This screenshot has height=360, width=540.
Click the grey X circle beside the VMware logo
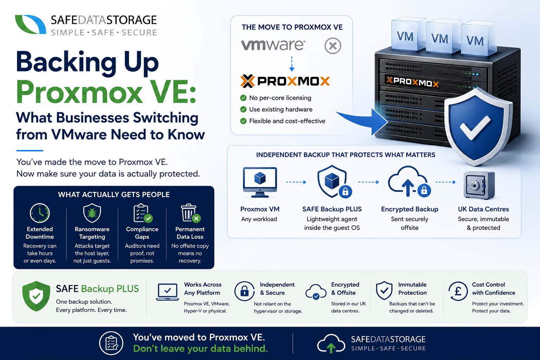point(333,46)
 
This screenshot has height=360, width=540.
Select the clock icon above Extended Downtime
point(40,213)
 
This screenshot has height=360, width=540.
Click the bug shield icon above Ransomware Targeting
point(92,213)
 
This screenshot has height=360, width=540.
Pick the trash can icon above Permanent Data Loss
point(191,213)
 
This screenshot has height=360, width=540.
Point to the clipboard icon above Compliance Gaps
point(143,213)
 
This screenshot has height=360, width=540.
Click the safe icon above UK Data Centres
point(479,185)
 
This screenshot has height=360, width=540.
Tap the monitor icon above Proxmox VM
point(260,182)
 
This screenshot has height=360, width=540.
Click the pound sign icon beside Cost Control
point(458,291)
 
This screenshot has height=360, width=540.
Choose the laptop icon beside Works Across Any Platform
point(167,292)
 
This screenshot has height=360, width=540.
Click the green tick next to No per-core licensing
point(243,98)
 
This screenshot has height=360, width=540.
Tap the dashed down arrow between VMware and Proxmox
point(292,64)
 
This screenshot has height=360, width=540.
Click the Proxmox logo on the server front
point(412,82)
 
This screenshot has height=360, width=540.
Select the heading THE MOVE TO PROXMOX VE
point(292,27)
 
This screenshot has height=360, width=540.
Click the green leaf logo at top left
point(30,24)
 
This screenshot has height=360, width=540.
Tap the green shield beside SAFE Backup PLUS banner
point(36,296)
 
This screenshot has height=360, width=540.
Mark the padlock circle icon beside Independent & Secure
point(244,291)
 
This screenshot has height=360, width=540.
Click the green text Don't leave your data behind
point(200,349)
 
